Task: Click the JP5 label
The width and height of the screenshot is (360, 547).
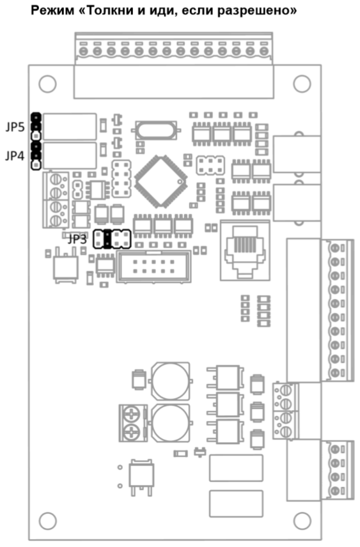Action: (15, 127)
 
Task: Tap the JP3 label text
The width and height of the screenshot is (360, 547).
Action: (77, 239)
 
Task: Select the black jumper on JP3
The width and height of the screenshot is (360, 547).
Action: (107, 239)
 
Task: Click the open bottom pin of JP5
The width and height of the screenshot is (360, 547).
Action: (36, 135)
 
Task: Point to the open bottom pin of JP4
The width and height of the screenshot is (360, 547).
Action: (36, 165)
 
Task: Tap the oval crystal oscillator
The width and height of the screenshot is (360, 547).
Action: (156, 130)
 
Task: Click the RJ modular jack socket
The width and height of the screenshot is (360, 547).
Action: (245, 250)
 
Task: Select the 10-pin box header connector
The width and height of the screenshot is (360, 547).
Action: (153, 266)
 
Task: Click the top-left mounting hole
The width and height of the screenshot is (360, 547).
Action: (47, 84)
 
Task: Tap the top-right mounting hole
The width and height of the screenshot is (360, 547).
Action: (302, 84)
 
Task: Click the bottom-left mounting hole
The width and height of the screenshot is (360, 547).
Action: (47, 521)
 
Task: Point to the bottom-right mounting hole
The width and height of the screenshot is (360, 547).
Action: (302, 521)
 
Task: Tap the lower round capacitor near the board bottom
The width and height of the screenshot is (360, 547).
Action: (170, 423)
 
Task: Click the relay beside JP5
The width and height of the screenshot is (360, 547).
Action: (70, 127)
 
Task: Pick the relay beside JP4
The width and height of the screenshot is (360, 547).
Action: (70, 155)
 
